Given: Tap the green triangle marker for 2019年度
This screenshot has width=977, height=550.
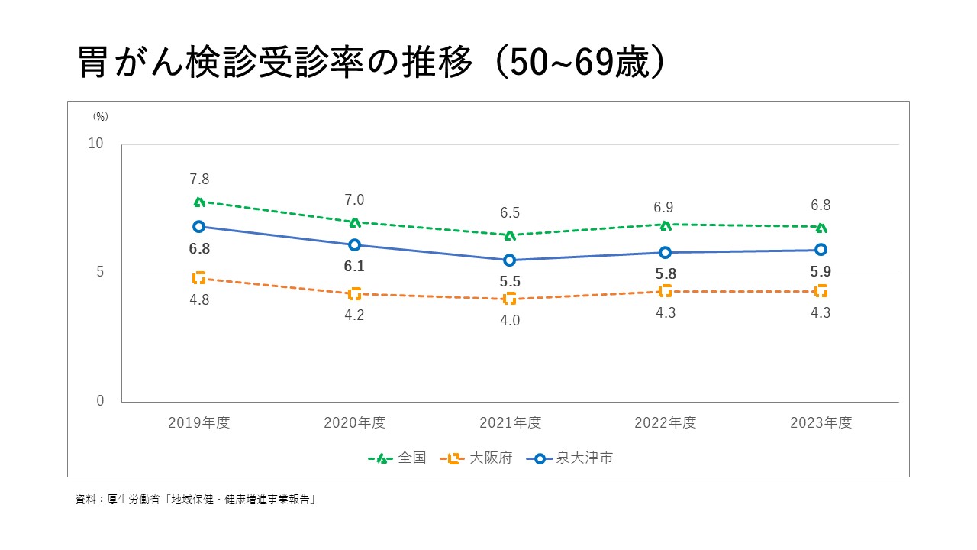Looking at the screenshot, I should pos(199,202).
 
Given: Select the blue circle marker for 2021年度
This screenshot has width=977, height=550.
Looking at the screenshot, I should pos(510,260).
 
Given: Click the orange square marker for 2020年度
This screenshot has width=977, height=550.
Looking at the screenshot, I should pos(355,294).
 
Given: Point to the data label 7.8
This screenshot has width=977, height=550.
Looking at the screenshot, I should pos(199,180).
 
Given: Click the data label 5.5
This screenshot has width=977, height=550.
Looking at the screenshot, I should pos(510,282).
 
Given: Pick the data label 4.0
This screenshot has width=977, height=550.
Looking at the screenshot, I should pos(510,321).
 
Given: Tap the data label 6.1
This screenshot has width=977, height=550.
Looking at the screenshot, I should pos(354,267).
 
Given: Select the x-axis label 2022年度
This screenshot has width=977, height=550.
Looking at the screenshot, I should pos(666,422).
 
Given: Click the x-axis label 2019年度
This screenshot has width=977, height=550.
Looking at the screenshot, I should pos(199,422).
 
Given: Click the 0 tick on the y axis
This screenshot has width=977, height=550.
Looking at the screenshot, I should pos(100,401).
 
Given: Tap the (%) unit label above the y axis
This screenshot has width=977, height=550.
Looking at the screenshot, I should pos(101,117).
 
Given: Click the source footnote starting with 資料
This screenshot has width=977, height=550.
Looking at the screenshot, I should pos(195,500).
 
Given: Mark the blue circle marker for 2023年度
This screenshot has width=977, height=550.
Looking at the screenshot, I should pos(821,250).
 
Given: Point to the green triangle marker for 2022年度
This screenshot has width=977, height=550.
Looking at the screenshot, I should pos(666,225).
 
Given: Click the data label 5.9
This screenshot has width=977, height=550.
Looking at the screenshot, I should pos(821,271).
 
